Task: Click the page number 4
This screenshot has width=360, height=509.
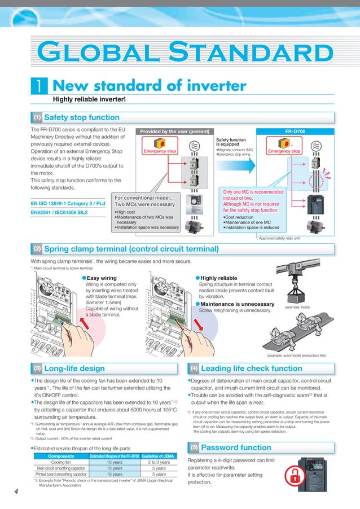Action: pos(16,492)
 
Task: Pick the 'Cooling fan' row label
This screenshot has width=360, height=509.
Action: pos(60,462)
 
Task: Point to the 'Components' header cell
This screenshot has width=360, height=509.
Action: pos(60,455)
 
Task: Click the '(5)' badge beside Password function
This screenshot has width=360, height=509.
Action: pos(193,447)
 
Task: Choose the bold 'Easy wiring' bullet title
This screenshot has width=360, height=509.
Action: pos(101,278)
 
